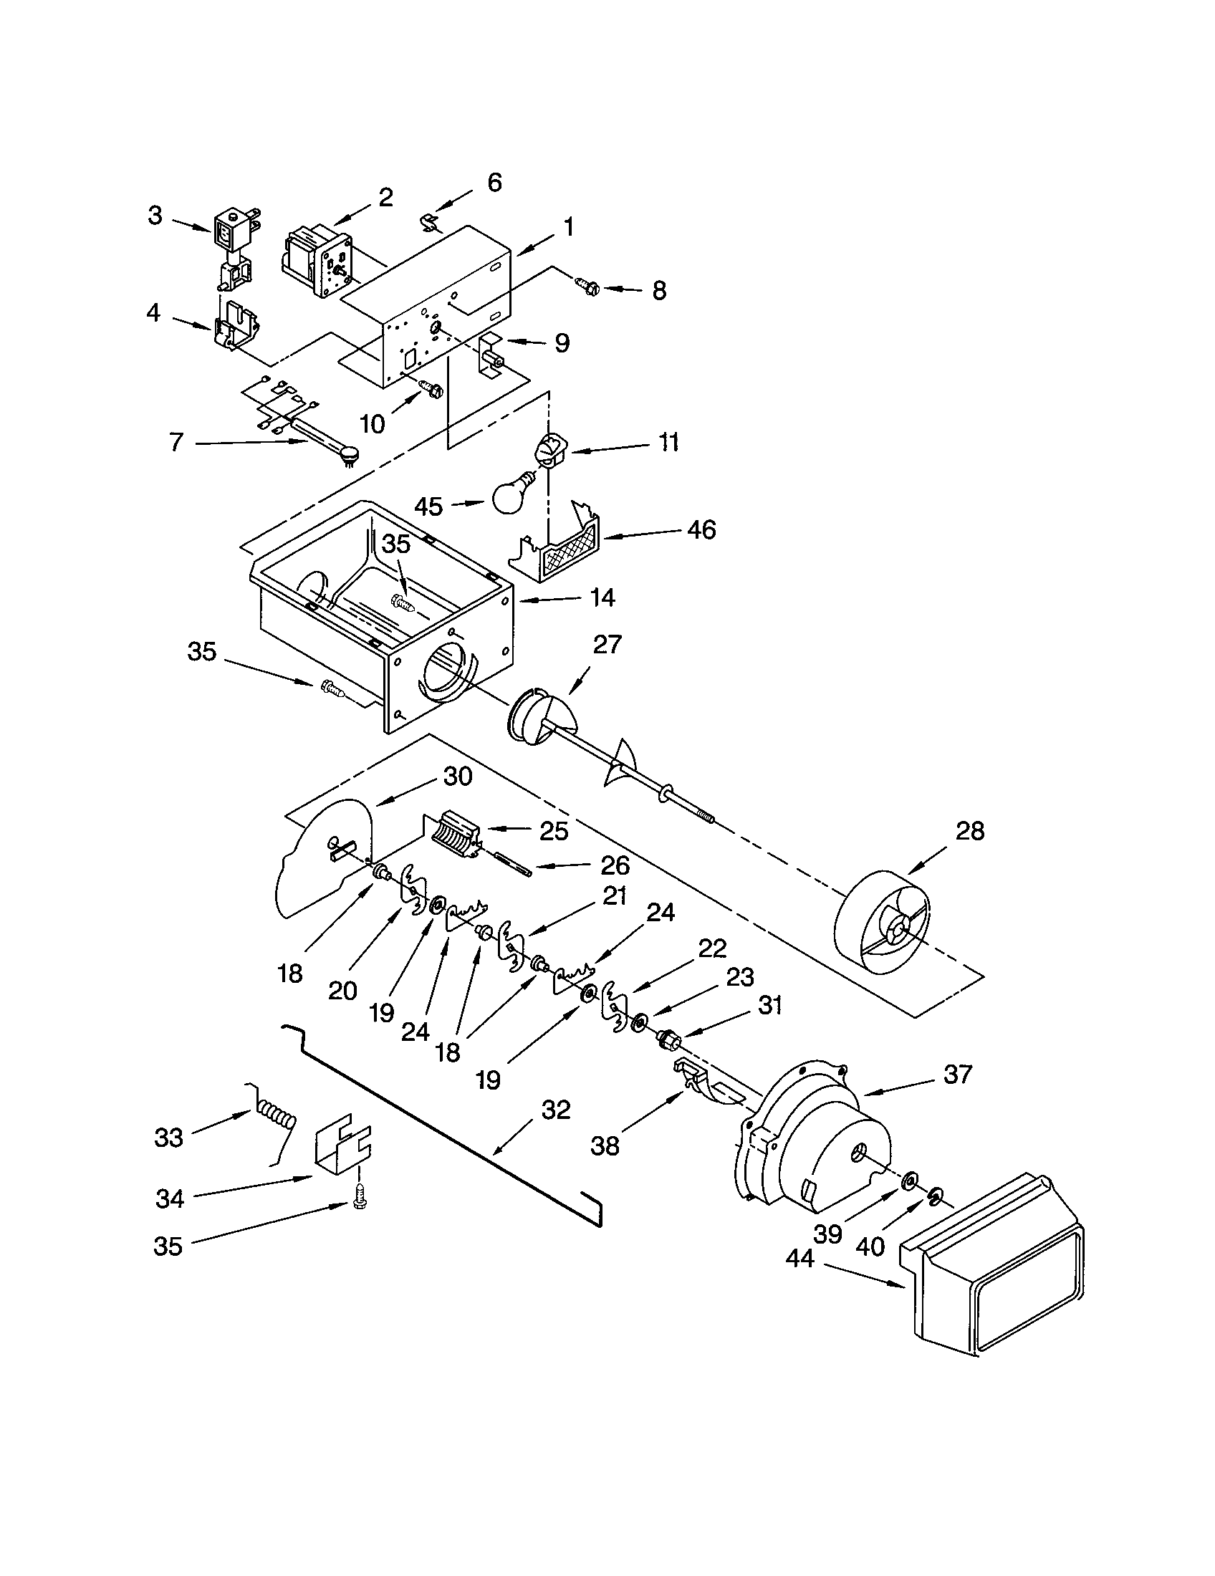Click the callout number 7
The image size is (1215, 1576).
point(176,441)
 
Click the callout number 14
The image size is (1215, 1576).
point(602,597)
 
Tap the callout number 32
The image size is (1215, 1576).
point(555,1109)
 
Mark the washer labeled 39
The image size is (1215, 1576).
point(909,1181)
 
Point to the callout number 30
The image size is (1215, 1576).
point(458,777)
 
